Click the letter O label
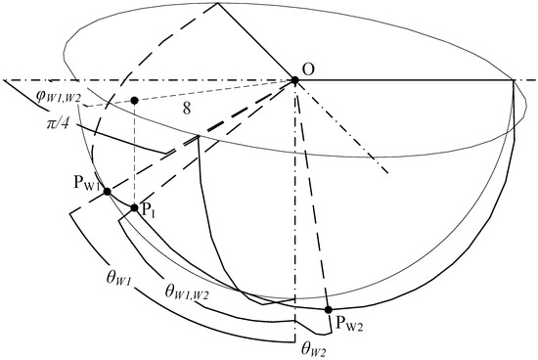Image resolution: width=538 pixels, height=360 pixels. [309, 69]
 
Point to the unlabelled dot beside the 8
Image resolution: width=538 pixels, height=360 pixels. [134, 100]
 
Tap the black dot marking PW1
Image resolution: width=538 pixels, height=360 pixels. [107, 192]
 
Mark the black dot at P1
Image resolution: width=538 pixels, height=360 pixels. [135, 208]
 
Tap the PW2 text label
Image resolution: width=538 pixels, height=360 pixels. [350, 318]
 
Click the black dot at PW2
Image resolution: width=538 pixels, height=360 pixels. [328, 309]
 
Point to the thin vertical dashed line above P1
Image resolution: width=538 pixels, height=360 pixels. [134, 157]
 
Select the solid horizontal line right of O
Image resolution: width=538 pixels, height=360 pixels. [411, 80]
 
